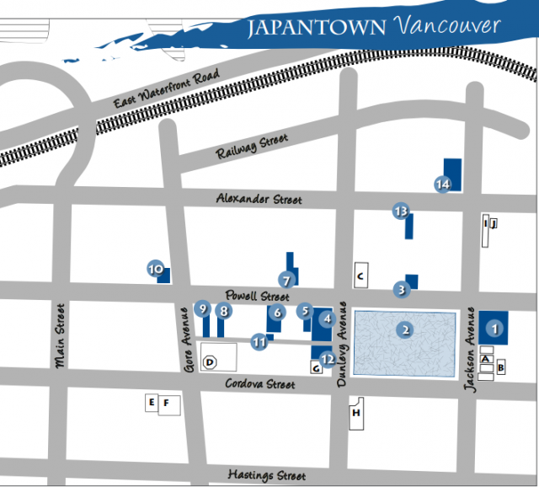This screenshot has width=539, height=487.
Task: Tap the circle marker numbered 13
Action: (x=401, y=211)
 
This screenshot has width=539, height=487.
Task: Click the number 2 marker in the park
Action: (x=406, y=329)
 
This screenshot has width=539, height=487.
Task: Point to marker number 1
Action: (x=495, y=329)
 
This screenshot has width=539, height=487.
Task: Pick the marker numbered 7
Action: (x=286, y=280)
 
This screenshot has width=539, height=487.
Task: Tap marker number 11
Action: (x=259, y=342)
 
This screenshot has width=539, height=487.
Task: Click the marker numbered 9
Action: (x=202, y=309)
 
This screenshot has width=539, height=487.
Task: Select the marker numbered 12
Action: (x=328, y=358)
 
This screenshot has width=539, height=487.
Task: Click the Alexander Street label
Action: (x=259, y=199)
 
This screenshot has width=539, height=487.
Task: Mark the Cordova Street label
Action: (x=260, y=383)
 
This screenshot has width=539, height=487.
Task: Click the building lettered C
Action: (x=360, y=275)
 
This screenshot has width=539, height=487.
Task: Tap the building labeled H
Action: (x=356, y=413)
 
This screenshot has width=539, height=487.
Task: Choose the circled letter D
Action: (x=211, y=362)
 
